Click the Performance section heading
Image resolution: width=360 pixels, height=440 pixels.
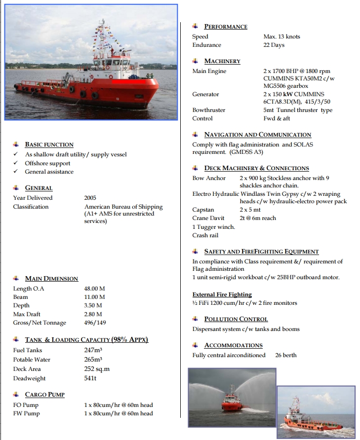pos(225,27)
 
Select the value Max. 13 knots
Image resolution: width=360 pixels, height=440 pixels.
pos(281,37)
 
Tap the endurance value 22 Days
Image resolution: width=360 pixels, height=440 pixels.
pos(274,45)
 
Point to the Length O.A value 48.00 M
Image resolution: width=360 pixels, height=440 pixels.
pos(94,289)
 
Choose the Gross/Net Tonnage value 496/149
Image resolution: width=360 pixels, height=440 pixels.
pos(95,323)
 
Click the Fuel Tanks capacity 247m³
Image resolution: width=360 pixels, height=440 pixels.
pos(93,350)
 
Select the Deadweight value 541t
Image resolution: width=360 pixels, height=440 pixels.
pos(90,378)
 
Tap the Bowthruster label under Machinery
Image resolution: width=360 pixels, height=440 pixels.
pos(208,110)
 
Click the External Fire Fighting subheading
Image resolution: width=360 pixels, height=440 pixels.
pos(222,294)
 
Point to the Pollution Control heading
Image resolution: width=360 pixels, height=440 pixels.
pos(236,319)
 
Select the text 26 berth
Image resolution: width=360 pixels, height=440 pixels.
pos(286,355)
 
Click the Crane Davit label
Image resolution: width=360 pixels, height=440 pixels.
pos(208,218)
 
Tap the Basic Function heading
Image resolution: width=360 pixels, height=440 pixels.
pos(49,145)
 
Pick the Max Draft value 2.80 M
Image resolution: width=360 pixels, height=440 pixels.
pos(93,314)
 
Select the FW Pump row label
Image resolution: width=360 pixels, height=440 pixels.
pos(26,413)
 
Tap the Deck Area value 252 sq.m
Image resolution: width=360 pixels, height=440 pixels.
pos(97,369)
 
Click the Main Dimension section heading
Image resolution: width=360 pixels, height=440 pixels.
pos(51,279)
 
